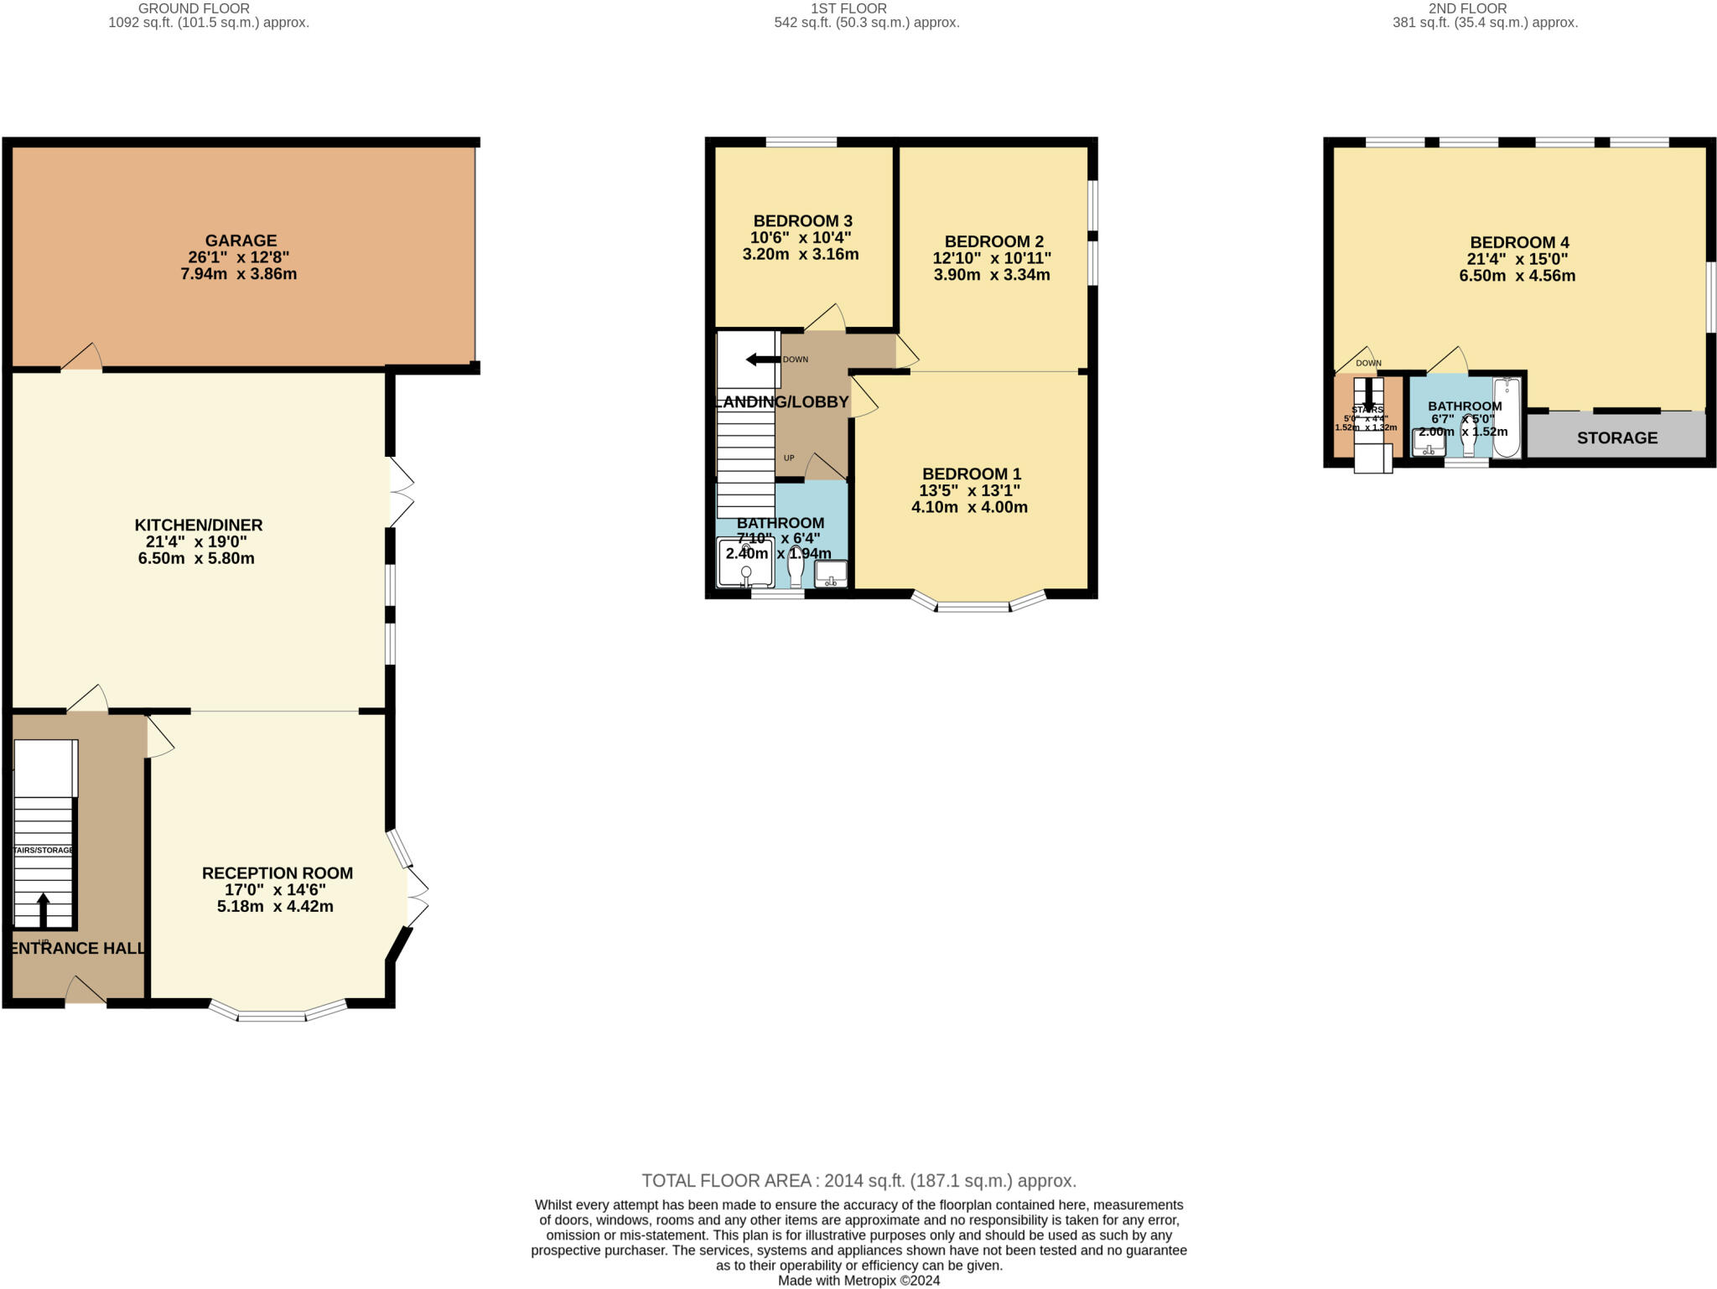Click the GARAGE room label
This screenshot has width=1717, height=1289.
click(x=241, y=241)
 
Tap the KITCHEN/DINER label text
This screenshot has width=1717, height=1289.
click(x=199, y=525)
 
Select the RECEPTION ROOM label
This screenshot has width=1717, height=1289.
click(x=278, y=873)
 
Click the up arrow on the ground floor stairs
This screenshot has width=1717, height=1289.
click(x=43, y=909)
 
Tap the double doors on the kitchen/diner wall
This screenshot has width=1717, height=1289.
click(x=401, y=492)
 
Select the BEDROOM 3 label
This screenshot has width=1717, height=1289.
click(x=802, y=221)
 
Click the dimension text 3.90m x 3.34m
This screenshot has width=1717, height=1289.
click(x=992, y=275)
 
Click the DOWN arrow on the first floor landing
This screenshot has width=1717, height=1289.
click(x=762, y=360)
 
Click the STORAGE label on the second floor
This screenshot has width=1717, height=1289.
click(x=1616, y=437)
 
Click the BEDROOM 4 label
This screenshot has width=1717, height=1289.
click(x=1519, y=243)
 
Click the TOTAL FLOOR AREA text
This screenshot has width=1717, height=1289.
click(x=858, y=1181)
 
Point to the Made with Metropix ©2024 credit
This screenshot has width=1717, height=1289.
click(x=858, y=1281)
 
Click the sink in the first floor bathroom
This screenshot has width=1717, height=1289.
click(x=831, y=574)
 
